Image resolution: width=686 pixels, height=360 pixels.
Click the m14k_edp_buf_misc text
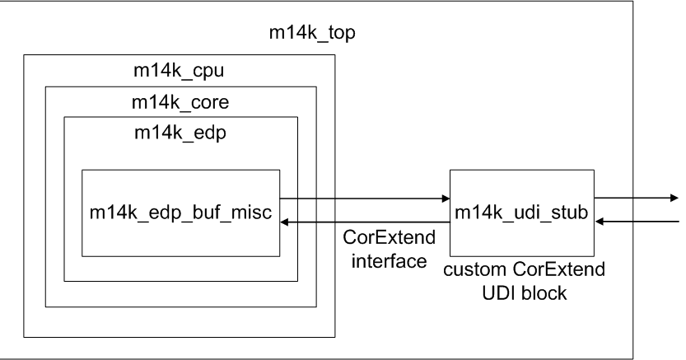point(180,213)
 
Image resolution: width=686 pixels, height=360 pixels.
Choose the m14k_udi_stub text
point(521,213)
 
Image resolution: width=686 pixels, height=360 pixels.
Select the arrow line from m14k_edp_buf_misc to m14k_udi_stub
point(362,198)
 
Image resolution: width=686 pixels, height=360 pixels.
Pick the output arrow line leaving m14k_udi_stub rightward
point(634,198)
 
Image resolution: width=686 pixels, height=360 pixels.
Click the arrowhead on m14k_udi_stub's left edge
point(444,198)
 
